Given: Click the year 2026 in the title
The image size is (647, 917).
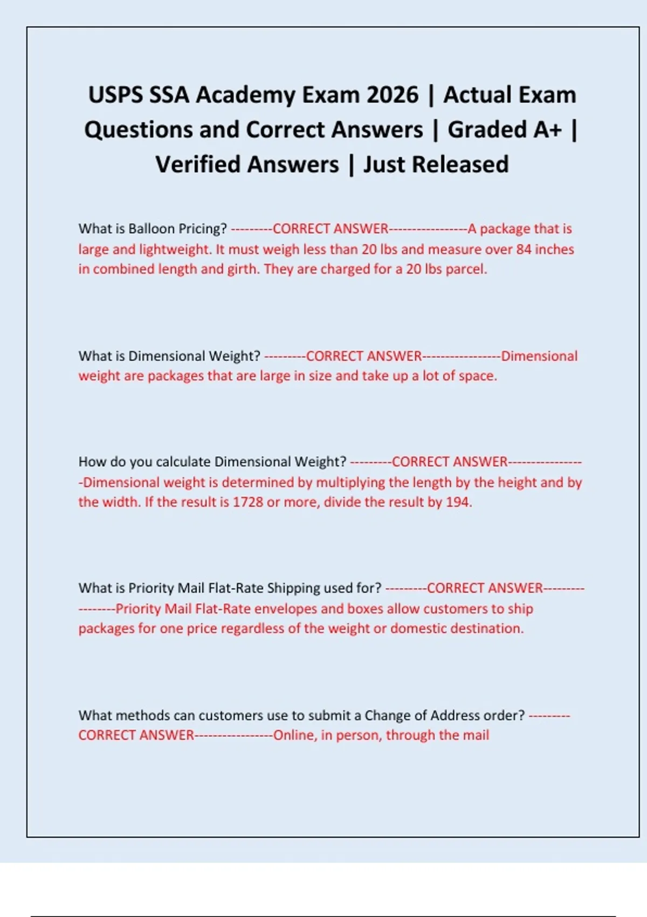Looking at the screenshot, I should (x=392, y=95).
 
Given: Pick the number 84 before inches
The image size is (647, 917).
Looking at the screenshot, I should (x=524, y=249).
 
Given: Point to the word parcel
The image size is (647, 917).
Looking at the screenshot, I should (x=466, y=269).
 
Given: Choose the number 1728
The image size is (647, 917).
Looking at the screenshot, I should (x=247, y=502).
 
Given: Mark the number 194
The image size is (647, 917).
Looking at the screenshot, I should (x=458, y=502).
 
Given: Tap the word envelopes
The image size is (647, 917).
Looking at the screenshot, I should (x=285, y=609).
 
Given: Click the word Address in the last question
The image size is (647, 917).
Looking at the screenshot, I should (x=455, y=715).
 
